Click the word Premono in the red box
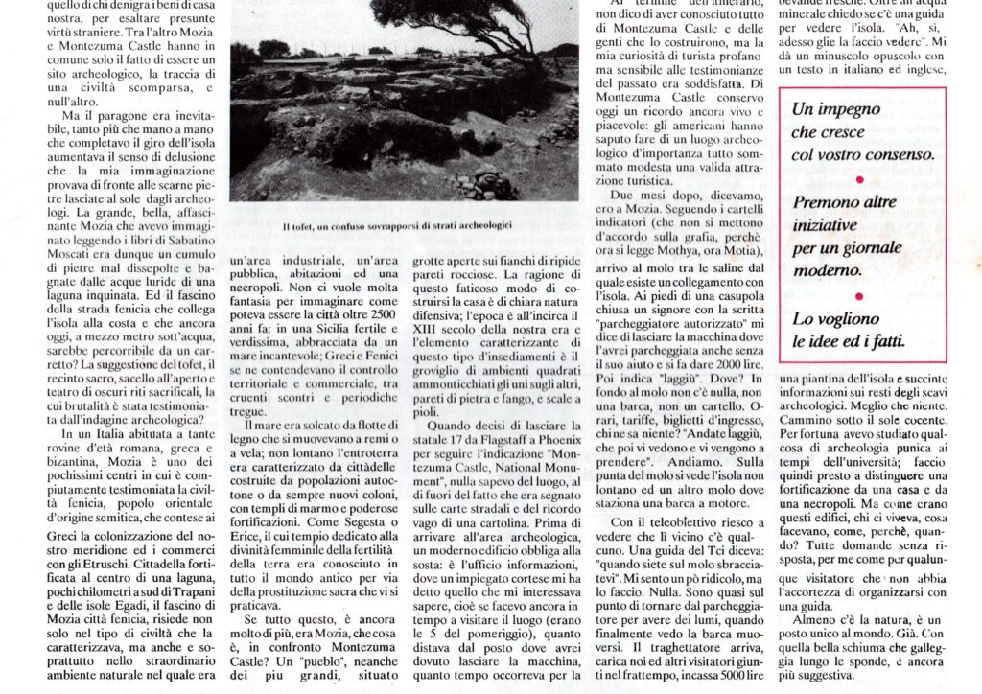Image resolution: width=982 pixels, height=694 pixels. point(824,202)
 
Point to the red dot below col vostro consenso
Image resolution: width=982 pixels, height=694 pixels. point(858,178)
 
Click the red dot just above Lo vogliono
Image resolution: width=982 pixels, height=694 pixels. point(858,296)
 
